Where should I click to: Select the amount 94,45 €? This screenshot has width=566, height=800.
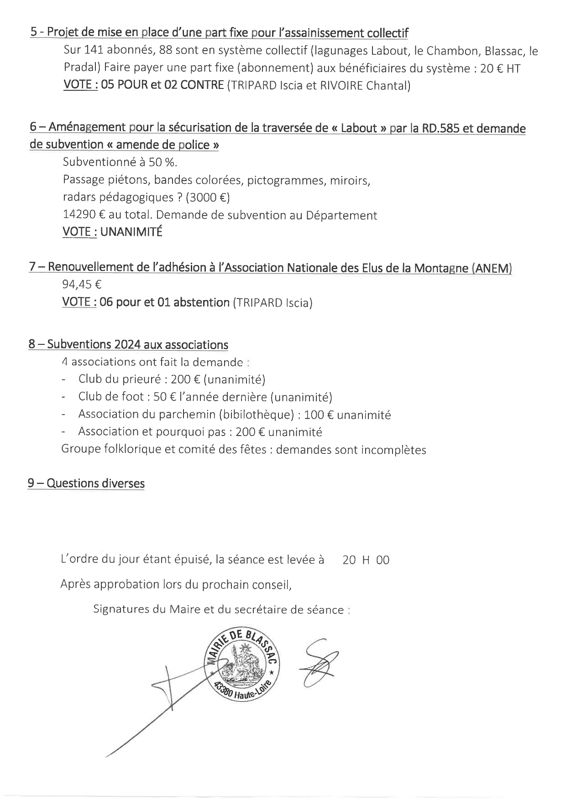coord(82,285)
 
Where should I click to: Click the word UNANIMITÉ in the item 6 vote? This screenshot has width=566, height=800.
coord(131,232)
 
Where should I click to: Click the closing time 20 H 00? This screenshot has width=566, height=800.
coord(366,560)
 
